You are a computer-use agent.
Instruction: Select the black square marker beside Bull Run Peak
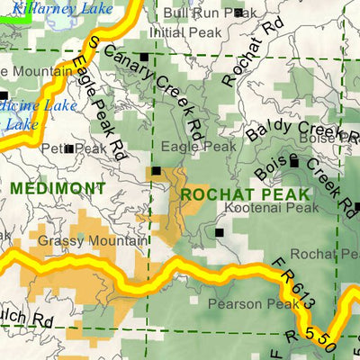pos(238,13)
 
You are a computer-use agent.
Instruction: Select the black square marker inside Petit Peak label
pos(70,148)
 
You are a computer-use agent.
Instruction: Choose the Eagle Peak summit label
pos(200,146)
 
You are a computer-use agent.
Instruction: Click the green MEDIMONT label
pos(58,188)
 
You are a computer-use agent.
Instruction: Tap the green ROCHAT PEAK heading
pos(245,194)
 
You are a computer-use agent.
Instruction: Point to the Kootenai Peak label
pos(258,208)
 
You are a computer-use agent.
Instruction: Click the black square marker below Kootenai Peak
pos(219,232)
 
